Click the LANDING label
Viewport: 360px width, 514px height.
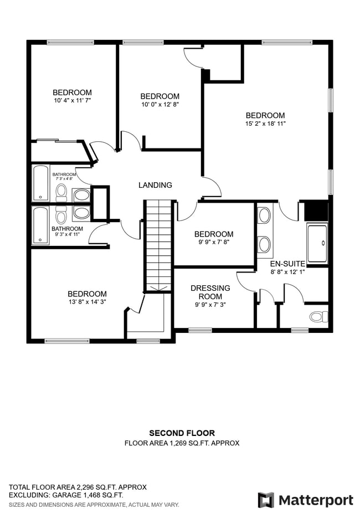[x=155, y=185]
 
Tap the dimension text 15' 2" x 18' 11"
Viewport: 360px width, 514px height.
[x=265, y=124]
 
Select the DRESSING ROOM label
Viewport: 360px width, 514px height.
[x=210, y=292]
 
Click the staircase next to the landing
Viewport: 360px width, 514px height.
[x=158, y=244]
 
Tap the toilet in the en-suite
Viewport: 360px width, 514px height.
[x=318, y=316]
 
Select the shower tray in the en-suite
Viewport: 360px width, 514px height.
[x=317, y=243]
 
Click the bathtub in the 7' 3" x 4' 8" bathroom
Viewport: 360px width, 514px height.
[x=40, y=183]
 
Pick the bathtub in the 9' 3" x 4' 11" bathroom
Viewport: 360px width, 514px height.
[x=40, y=225]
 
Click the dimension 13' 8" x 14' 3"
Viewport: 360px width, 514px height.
[x=87, y=302]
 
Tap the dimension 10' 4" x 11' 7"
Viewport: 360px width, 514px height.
[x=72, y=101]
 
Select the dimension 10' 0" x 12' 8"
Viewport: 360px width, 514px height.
[x=160, y=104]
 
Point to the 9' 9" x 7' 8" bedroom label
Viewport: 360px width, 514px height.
[x=213, y=234]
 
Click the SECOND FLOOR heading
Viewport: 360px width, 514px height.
[x=182, y=433]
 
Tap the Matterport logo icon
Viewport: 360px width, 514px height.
[x=266, y=500]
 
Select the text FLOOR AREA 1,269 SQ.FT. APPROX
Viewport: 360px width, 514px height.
[x=182, y=443]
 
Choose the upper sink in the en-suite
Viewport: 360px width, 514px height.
[x=265, y=215]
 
